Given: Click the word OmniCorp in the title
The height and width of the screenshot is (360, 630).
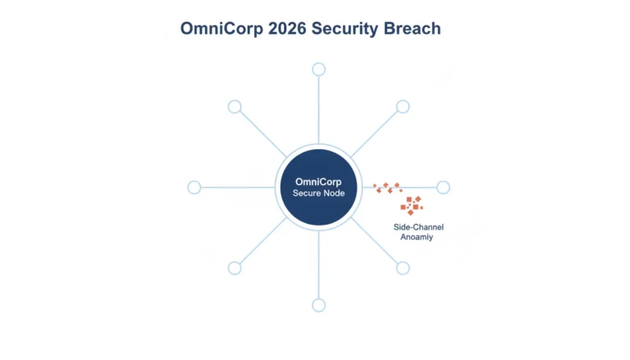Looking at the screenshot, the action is coord(221,29).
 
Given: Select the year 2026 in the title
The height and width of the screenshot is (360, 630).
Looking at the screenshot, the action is coord(287,29).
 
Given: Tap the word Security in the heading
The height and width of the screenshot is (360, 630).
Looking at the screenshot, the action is coord(345,29).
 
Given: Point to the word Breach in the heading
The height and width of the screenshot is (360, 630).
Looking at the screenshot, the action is coord(413,29).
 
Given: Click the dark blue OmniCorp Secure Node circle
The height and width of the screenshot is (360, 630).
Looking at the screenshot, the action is coord(318,187).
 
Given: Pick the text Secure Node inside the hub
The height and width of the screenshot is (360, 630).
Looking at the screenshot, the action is coord(318,194).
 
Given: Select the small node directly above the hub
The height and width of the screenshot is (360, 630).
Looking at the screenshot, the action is coord(318,70).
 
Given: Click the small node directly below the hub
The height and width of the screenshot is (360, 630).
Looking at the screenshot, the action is coord(318,305).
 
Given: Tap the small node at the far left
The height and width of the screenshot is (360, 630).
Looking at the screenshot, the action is coord(194,187).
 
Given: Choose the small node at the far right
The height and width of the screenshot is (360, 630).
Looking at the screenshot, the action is coord(443,187).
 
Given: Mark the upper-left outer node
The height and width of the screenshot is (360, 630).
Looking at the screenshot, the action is coord(235,107).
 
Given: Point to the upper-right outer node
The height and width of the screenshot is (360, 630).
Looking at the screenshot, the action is coord(403,107).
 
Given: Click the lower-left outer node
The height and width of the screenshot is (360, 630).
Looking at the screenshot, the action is coord(235,268).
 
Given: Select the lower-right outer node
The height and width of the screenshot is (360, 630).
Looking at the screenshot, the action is coord(403,268).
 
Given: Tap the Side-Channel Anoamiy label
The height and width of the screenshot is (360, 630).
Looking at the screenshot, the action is coord(418,232).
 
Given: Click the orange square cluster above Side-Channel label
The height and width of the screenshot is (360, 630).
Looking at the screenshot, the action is coord(412,206).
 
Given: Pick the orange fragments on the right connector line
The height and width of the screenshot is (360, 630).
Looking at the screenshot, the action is coord(388,188).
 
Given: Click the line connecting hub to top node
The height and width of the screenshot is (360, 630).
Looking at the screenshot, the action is coord(318,110).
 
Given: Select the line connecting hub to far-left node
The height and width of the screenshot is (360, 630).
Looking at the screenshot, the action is coord(238,187).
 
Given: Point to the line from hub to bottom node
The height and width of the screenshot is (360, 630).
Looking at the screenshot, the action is coord(318,265).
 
